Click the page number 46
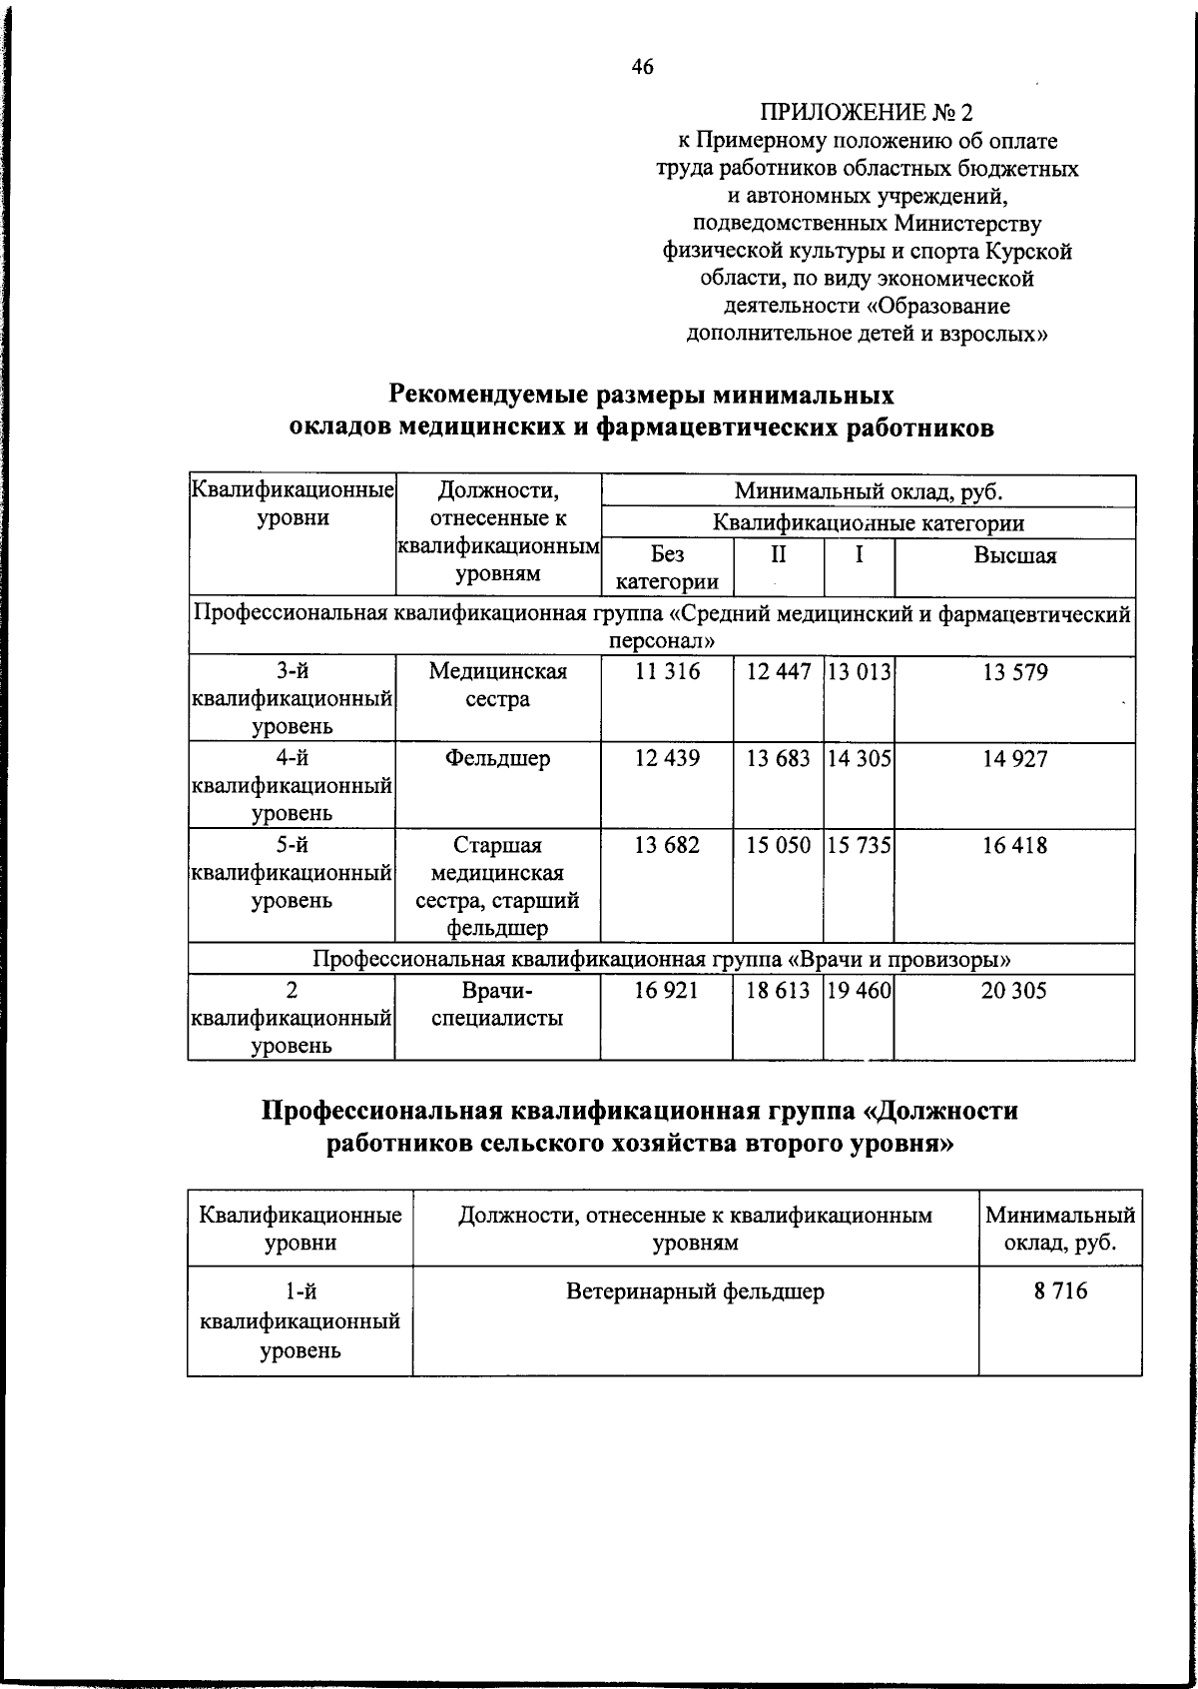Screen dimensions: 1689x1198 642,67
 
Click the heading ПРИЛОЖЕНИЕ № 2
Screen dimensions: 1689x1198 866,113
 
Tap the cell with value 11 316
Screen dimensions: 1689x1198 667,673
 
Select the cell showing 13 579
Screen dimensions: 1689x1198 1014,673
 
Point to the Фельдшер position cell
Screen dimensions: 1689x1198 497,759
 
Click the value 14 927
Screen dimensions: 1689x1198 1014,759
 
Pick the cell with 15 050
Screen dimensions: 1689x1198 779,846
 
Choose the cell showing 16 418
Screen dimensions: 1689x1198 1014,846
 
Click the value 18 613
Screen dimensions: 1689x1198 779,991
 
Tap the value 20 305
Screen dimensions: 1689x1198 1014,991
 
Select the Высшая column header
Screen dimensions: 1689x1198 1014,556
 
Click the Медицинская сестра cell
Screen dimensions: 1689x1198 497,686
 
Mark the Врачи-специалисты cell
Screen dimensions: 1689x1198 497,1005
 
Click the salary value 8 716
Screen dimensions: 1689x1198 1060,1291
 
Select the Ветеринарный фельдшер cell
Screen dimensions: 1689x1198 695,1291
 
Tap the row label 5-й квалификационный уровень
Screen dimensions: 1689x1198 292,873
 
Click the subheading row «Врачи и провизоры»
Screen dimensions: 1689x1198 662,960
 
